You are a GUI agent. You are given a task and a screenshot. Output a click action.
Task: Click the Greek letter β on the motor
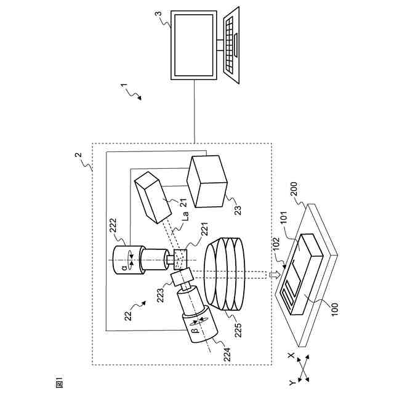pyautogui.click(x=196, y=330)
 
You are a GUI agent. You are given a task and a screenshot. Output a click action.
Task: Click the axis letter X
pyautogui.click(x=292, y=356)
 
